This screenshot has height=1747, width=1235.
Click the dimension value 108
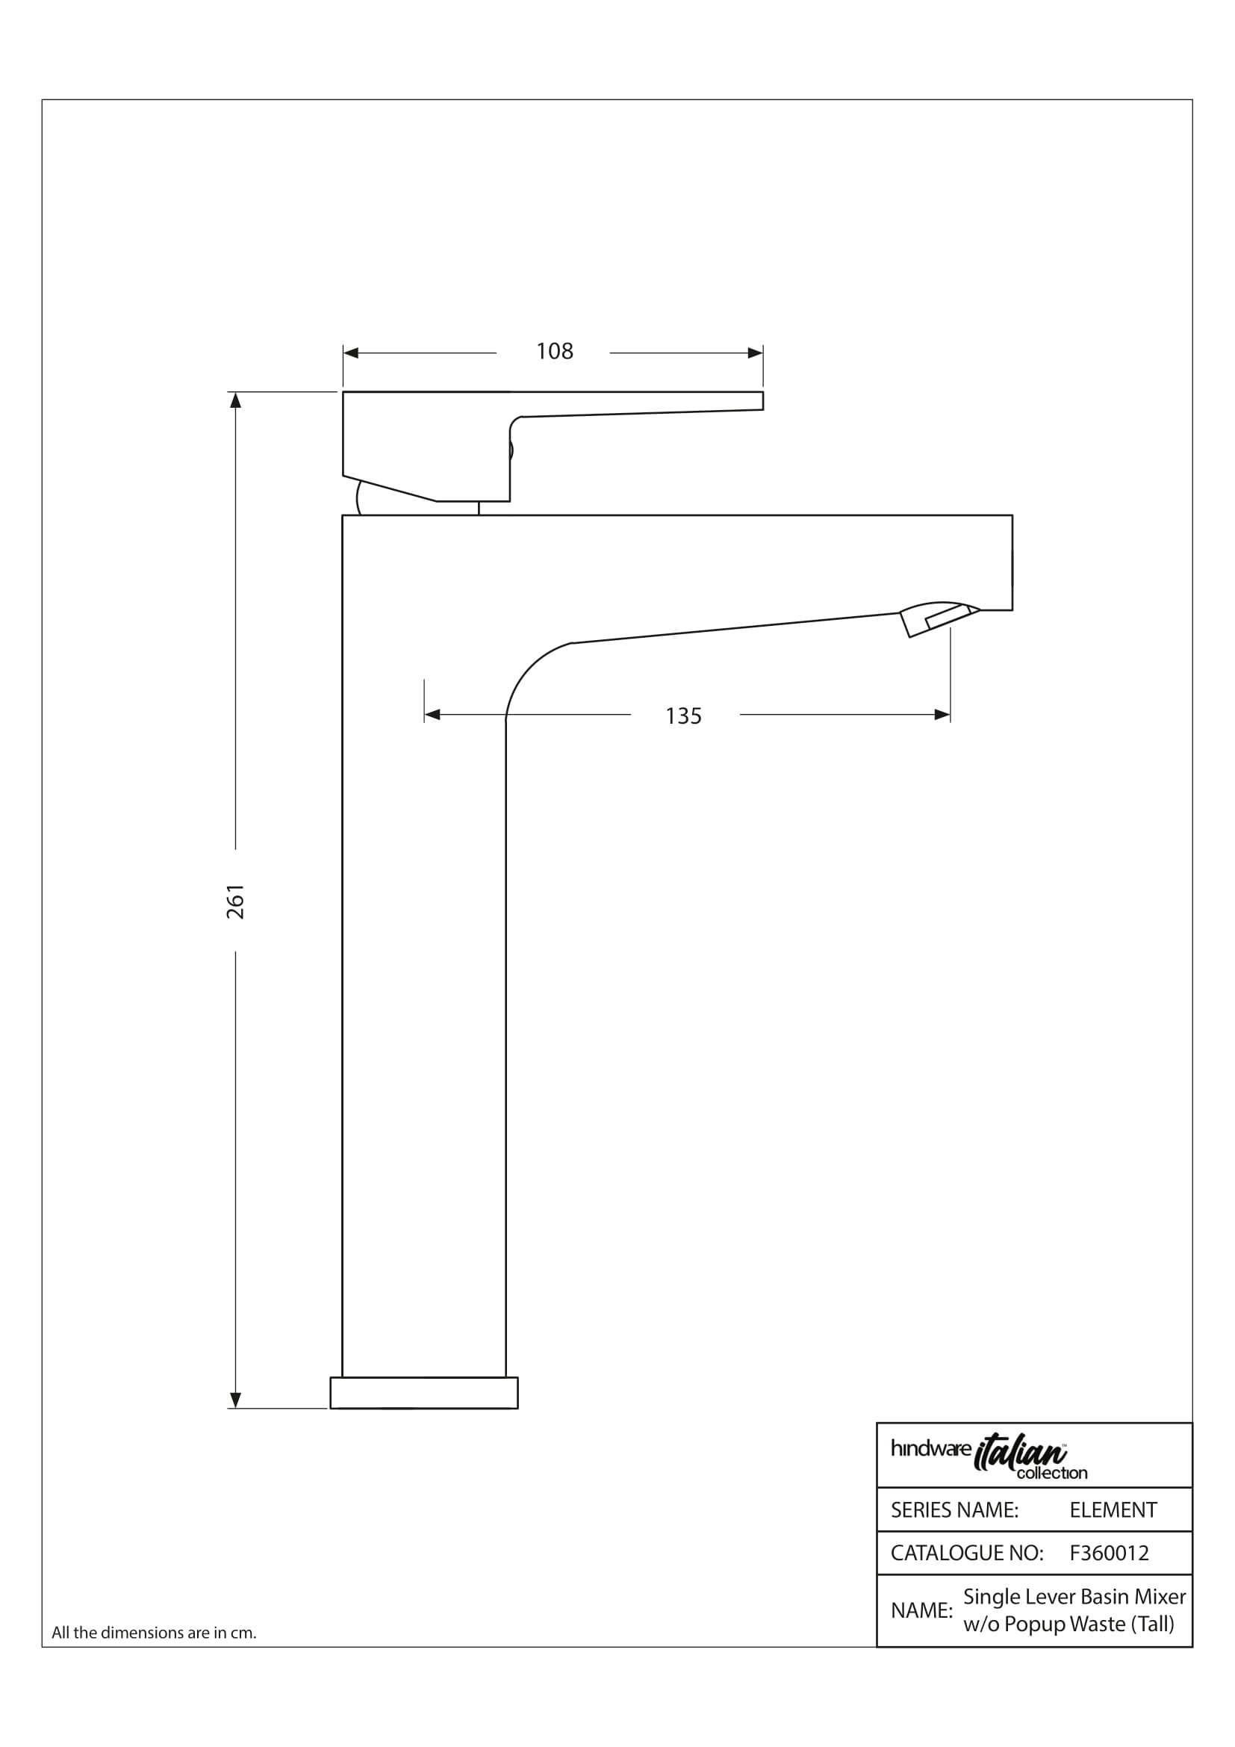(x=554, y=351)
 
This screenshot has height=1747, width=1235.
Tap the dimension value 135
(x=684, y=716)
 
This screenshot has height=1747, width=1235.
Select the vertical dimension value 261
(x=236, y=901)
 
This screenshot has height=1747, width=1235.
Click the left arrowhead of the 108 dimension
(x=351, y=353)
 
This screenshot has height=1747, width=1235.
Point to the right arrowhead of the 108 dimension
(x=755, y=353)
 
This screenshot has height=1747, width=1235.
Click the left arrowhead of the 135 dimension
(x=432, y=715)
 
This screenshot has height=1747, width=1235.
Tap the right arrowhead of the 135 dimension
(x=942, y=715)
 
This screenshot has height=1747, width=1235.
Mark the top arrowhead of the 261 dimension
(x=236, y=400)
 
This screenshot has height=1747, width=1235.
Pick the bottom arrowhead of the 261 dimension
(x=236, y=1400)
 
